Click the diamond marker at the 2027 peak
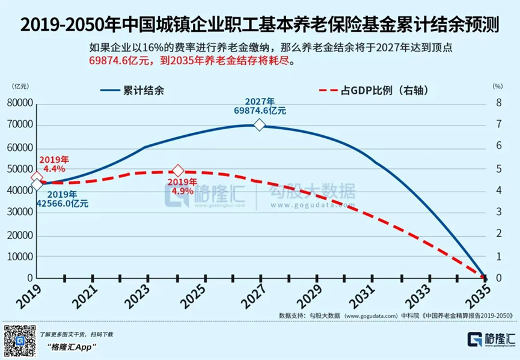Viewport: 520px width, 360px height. point(259,125)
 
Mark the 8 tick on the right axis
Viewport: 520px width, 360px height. point(498,103)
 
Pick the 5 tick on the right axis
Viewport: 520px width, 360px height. point(498,169)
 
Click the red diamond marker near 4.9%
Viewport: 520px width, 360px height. point(178,172)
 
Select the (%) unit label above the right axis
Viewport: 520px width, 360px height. point(497,86)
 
